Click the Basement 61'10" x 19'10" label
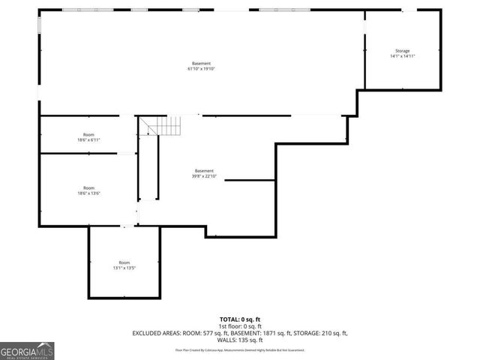coord(201,66)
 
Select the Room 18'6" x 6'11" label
coord(88,137)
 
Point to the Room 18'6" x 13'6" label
coord(88,190)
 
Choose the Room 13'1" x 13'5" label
coord(124,265)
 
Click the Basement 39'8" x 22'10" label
coord(204,173)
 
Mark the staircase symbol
coord(164,125)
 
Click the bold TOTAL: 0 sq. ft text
coord(239,319)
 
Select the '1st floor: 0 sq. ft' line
coord(239,326)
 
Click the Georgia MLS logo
coord(27,350)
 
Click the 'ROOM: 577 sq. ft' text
coord(206,332)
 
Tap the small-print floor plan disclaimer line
coord(239,349)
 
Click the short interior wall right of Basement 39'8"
coord(250,180)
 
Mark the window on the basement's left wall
coord(39,23)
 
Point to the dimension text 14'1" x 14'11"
coord(403,56)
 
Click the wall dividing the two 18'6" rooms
coord(78,153)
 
